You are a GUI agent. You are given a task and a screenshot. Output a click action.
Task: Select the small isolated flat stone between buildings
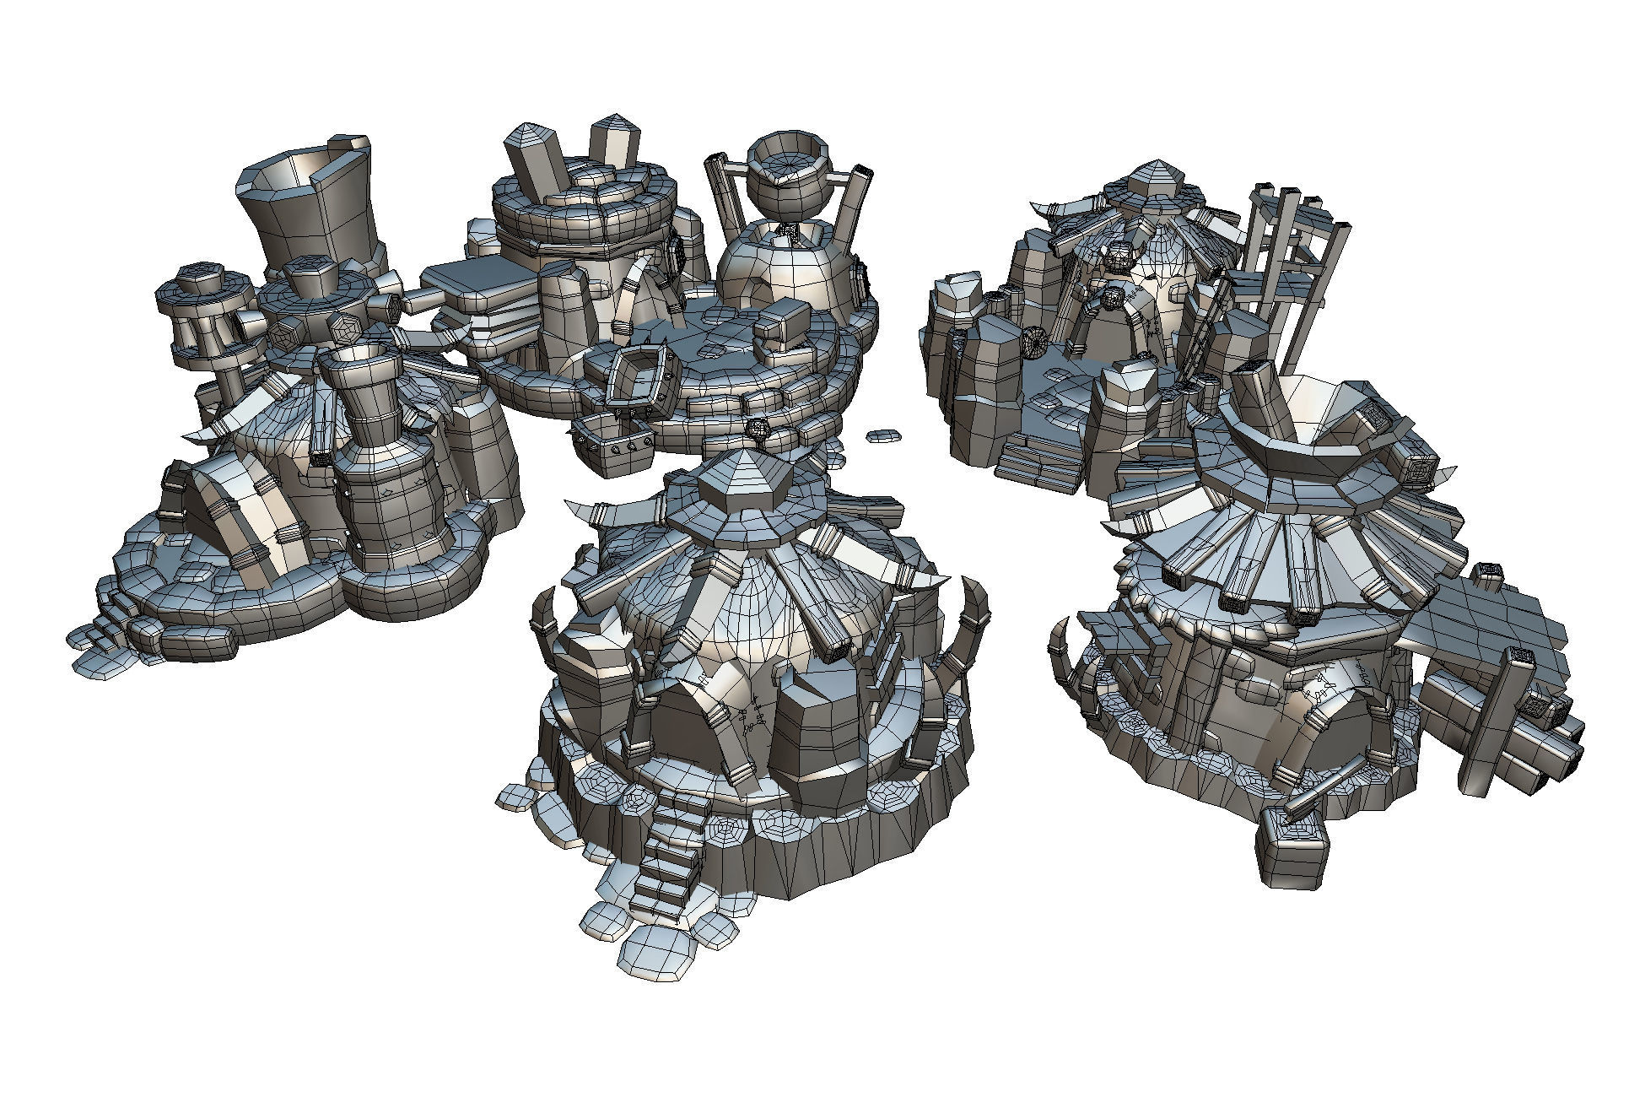pos(883,435)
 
